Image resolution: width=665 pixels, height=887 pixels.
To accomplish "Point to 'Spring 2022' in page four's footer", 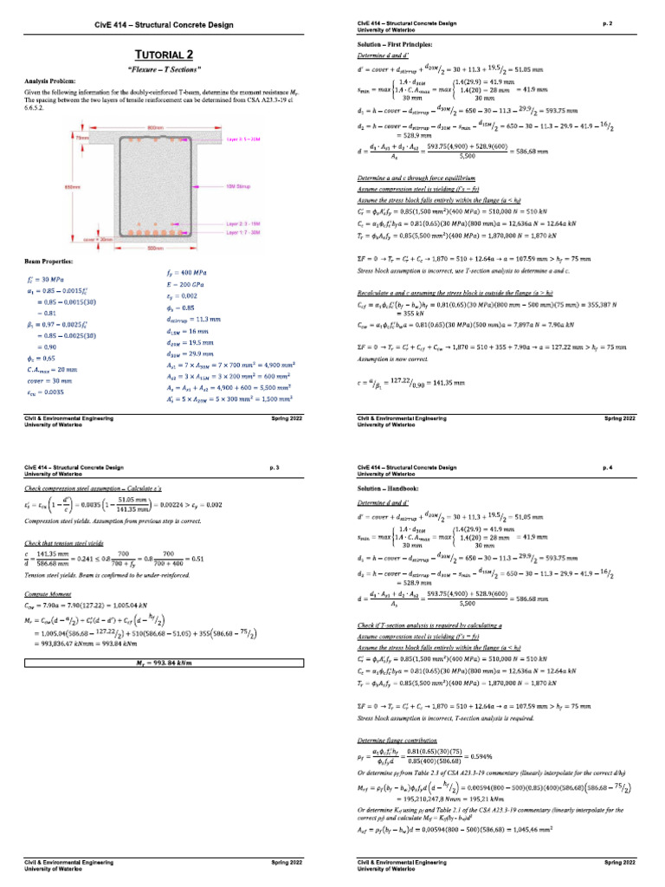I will [x=619, y=864].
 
